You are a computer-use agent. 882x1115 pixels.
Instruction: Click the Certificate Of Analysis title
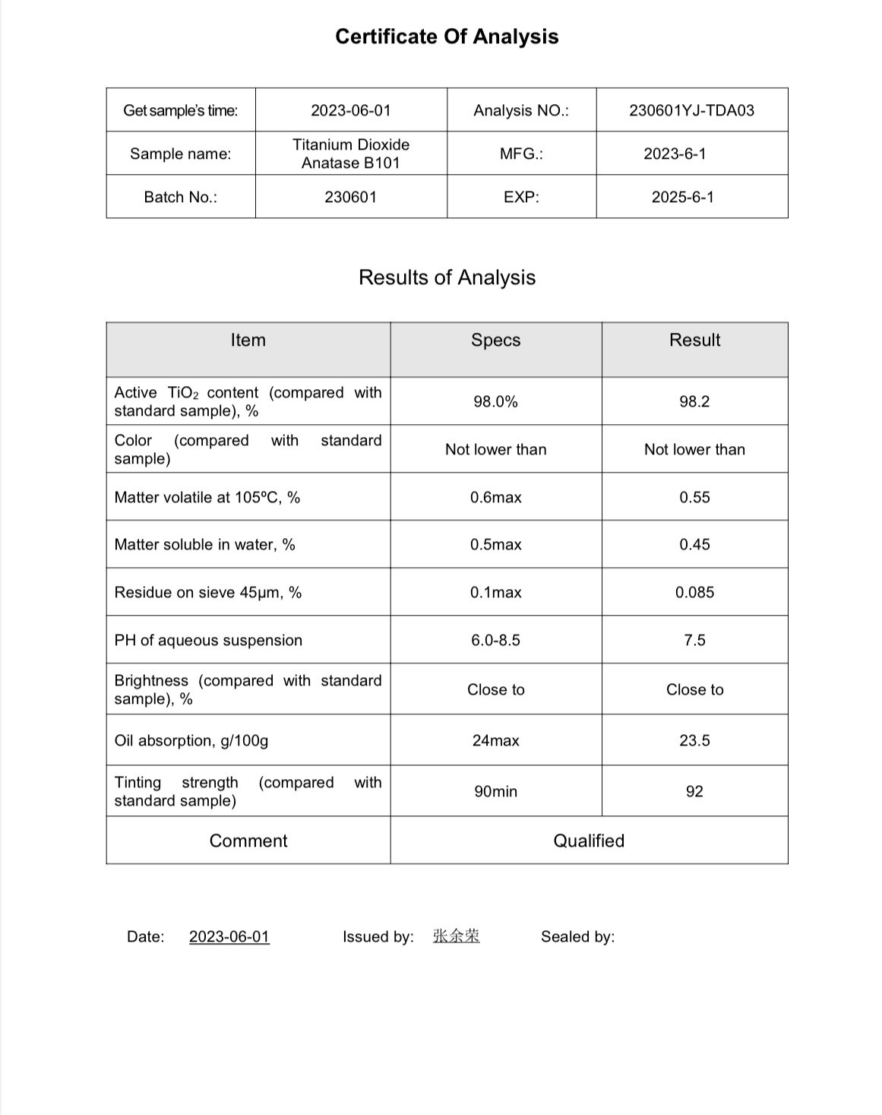[x=447, y=36]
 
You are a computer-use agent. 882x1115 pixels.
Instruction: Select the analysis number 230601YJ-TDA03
[x=691, y=110]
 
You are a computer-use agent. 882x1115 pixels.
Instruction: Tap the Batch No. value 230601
[x=350, y=197]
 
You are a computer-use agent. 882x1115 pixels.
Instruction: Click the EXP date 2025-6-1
[x=682, y=197]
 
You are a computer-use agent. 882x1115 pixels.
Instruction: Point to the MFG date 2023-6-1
[x=675, y=154]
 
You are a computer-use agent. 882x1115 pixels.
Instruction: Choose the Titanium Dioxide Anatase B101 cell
[x=351, y=154]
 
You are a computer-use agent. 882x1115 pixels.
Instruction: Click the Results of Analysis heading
[x=447, y=277]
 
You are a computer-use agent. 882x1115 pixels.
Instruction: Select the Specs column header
[x=495, y=340]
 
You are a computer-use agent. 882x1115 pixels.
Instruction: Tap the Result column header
[x=694, y=340]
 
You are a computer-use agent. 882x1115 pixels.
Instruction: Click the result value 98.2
[x=694, y=401]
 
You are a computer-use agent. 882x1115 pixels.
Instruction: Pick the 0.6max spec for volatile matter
[x=495, y=497]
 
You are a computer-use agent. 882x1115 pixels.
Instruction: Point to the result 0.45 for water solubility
[x=694, y=544]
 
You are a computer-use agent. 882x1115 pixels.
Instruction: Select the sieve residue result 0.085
[x=694, y=592]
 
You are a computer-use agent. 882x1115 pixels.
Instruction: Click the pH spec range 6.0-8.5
[x=495, y=640]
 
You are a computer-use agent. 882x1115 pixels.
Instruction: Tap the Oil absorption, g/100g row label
[x=191, y=740]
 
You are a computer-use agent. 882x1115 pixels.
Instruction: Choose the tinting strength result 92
[x=694, y=791]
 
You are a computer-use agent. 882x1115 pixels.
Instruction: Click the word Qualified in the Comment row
[x=589, y=841]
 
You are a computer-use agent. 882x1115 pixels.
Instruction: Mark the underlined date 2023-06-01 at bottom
[x=229, y=936]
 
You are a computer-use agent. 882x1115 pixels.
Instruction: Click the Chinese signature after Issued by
[x=456, y=936]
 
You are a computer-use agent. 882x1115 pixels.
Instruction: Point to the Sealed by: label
[x=577, y=936]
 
